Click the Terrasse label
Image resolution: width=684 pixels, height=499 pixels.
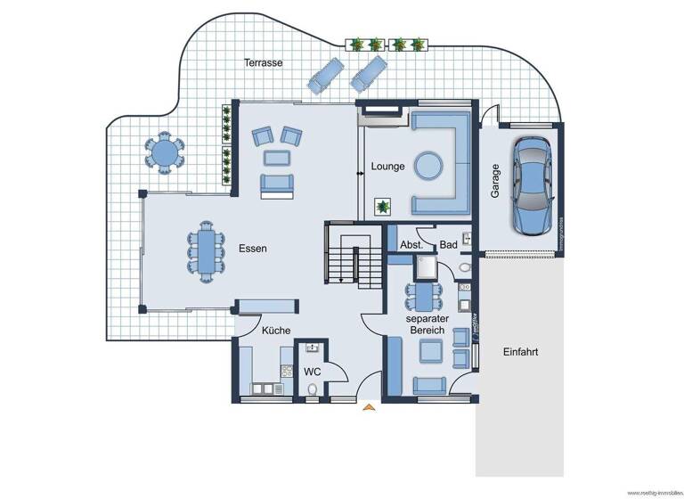pyautogui.click(x=264, y=63)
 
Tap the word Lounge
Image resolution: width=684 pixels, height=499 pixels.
pyautogui.click(x=388, y=166)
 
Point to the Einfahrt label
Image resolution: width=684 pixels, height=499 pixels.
pyautogui.click(x=520, y=352)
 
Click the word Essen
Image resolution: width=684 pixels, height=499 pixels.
pyautogui.click(x=252, y=250)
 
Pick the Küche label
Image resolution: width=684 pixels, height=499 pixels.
pyautogui.click(x=276, y=331)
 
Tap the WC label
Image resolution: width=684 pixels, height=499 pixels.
pyautogui.click(x=313, y=371)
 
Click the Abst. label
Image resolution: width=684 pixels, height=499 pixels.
pyautogui.click(x=411, y=244)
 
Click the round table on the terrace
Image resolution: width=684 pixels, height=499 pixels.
pyautogui.click(x=165, y=152)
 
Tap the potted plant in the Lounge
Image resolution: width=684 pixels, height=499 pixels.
pyautogui.click(x=384, y=207)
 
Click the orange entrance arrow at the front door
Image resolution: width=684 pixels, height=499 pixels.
pyautogui.click(x=369, y=408)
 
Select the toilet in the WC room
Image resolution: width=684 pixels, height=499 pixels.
pyautogui.click(x=312, y=389)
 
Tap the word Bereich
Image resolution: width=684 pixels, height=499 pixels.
pyautogui.click(x=427, y=331)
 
